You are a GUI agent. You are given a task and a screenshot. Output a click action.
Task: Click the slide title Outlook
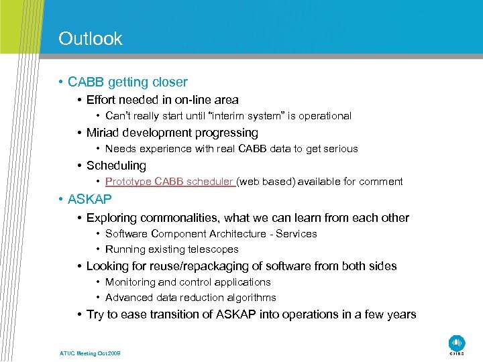(91, 39)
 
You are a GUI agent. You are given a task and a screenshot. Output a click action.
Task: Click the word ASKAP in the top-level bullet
(90, 200)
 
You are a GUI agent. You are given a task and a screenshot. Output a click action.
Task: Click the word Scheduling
(116, 166)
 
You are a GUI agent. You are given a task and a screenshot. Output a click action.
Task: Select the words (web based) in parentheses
(266, 182)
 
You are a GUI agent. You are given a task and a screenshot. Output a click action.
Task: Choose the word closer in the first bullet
(170, 82)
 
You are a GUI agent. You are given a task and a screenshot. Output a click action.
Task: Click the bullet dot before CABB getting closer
(60, 82)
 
